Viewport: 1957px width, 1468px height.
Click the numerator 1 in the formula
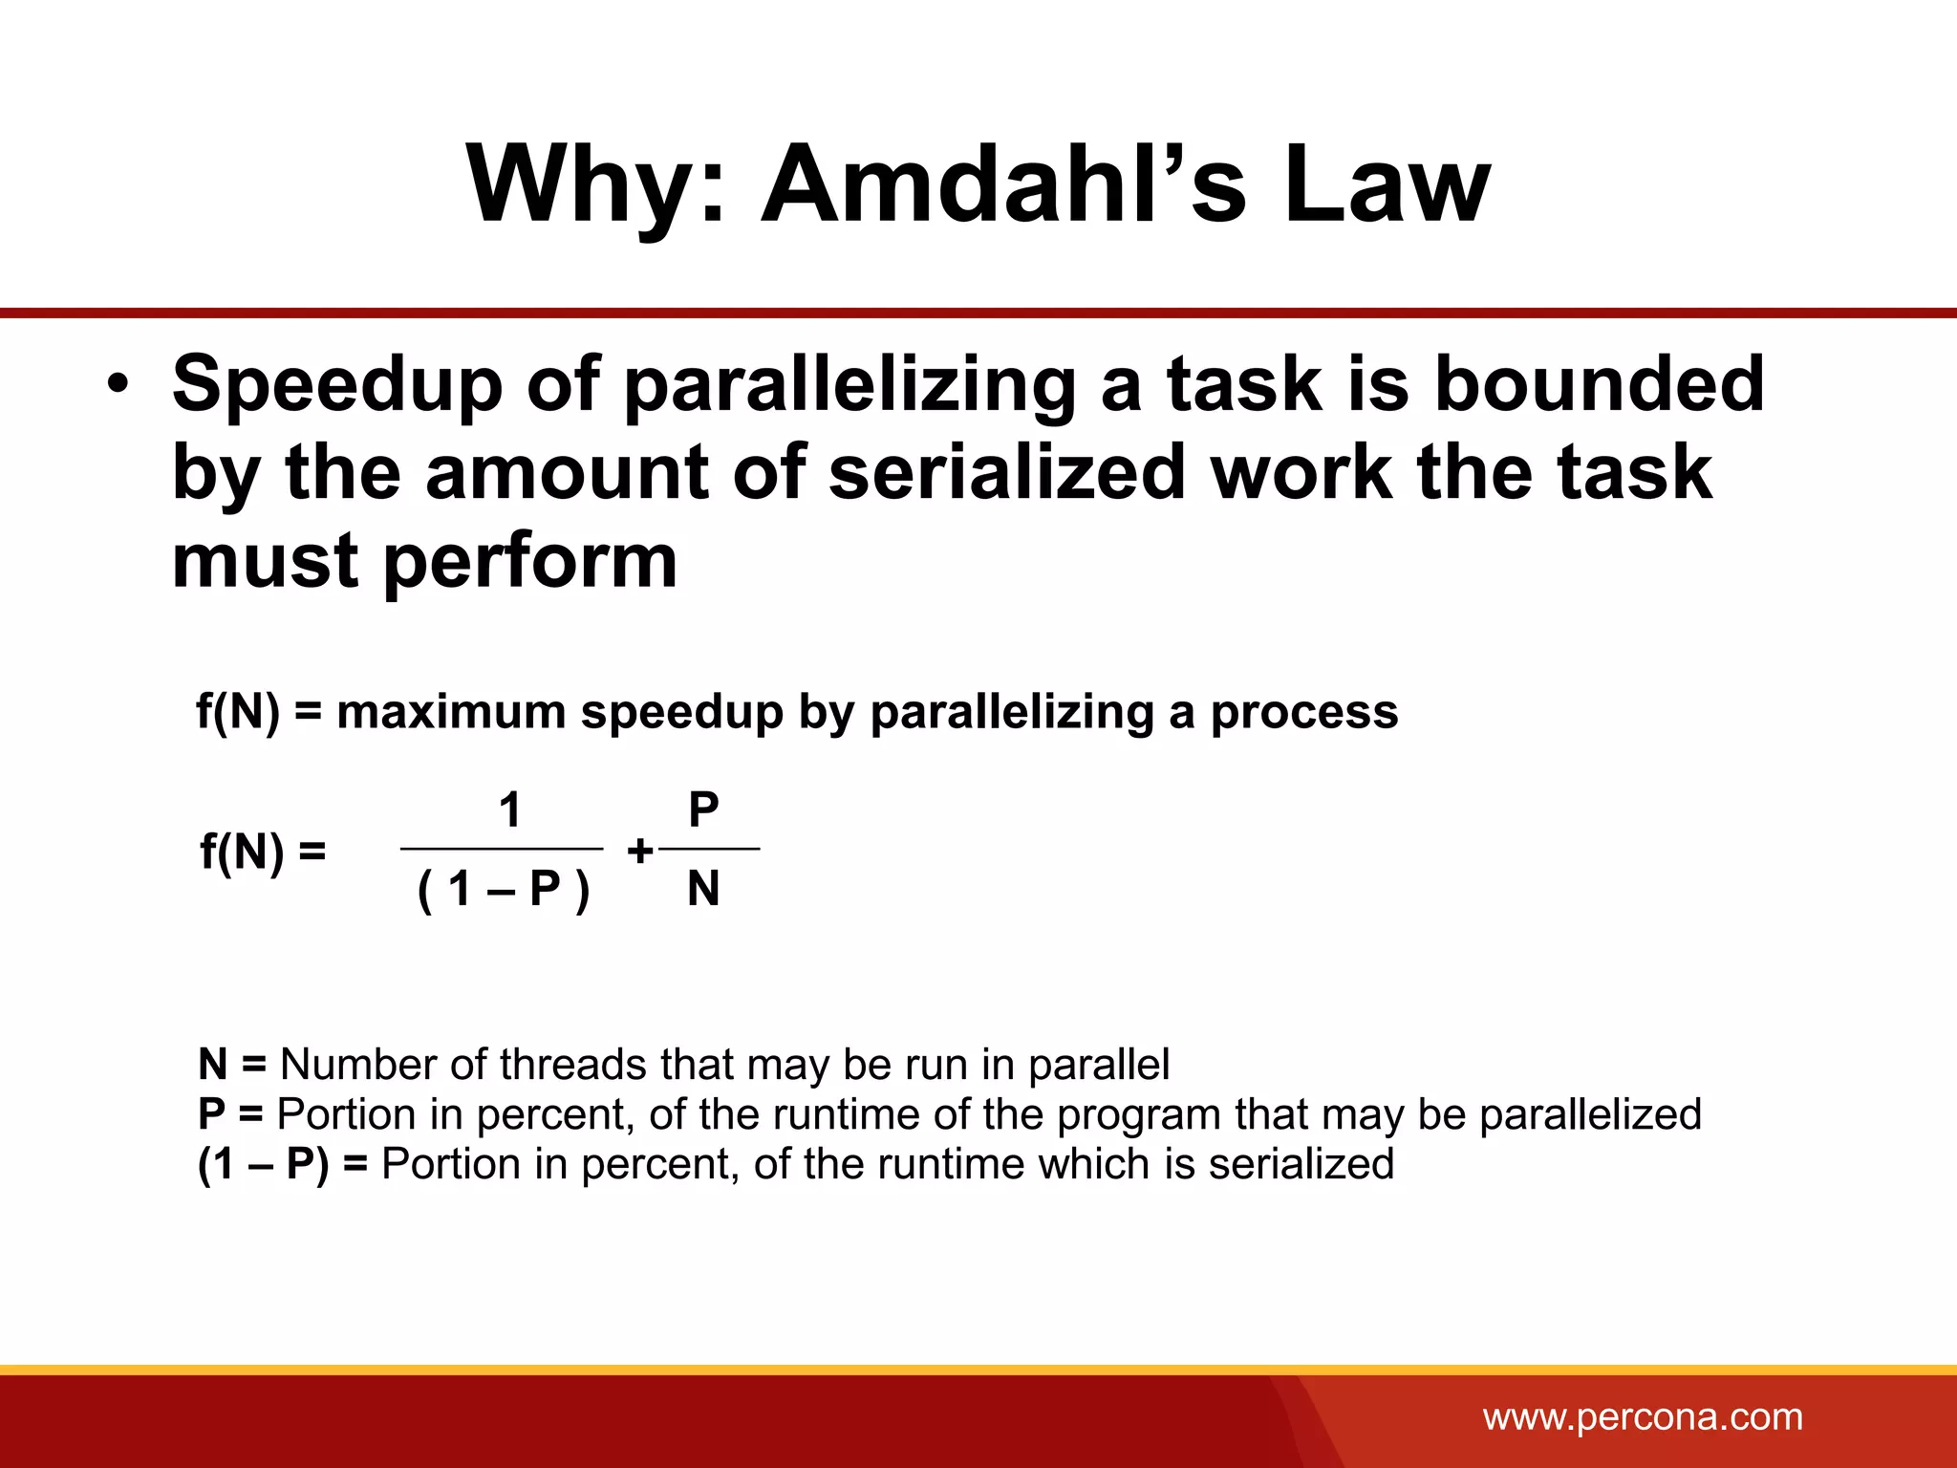pyautogui.click(x=510, y=810)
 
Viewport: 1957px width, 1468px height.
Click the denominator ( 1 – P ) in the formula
pyautogui.click(x=504, y=890)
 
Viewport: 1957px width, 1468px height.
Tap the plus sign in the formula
pyautogui.click(x=639, y=851)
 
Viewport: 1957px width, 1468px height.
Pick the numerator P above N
pyautogui.click(x=703, y=810)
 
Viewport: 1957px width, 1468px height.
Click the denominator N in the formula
pyautogui.click(x=703, y=890)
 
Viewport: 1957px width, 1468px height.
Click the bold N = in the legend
pyautogui.click(x=232, y=1065)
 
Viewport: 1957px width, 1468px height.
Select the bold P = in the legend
pyautogui.click(x=230, y=1114)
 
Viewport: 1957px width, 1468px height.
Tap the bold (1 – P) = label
pyautogui.click(x=282, y=1164)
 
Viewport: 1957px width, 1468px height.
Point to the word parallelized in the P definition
pyautogui.click(x=1590, y=1114)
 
